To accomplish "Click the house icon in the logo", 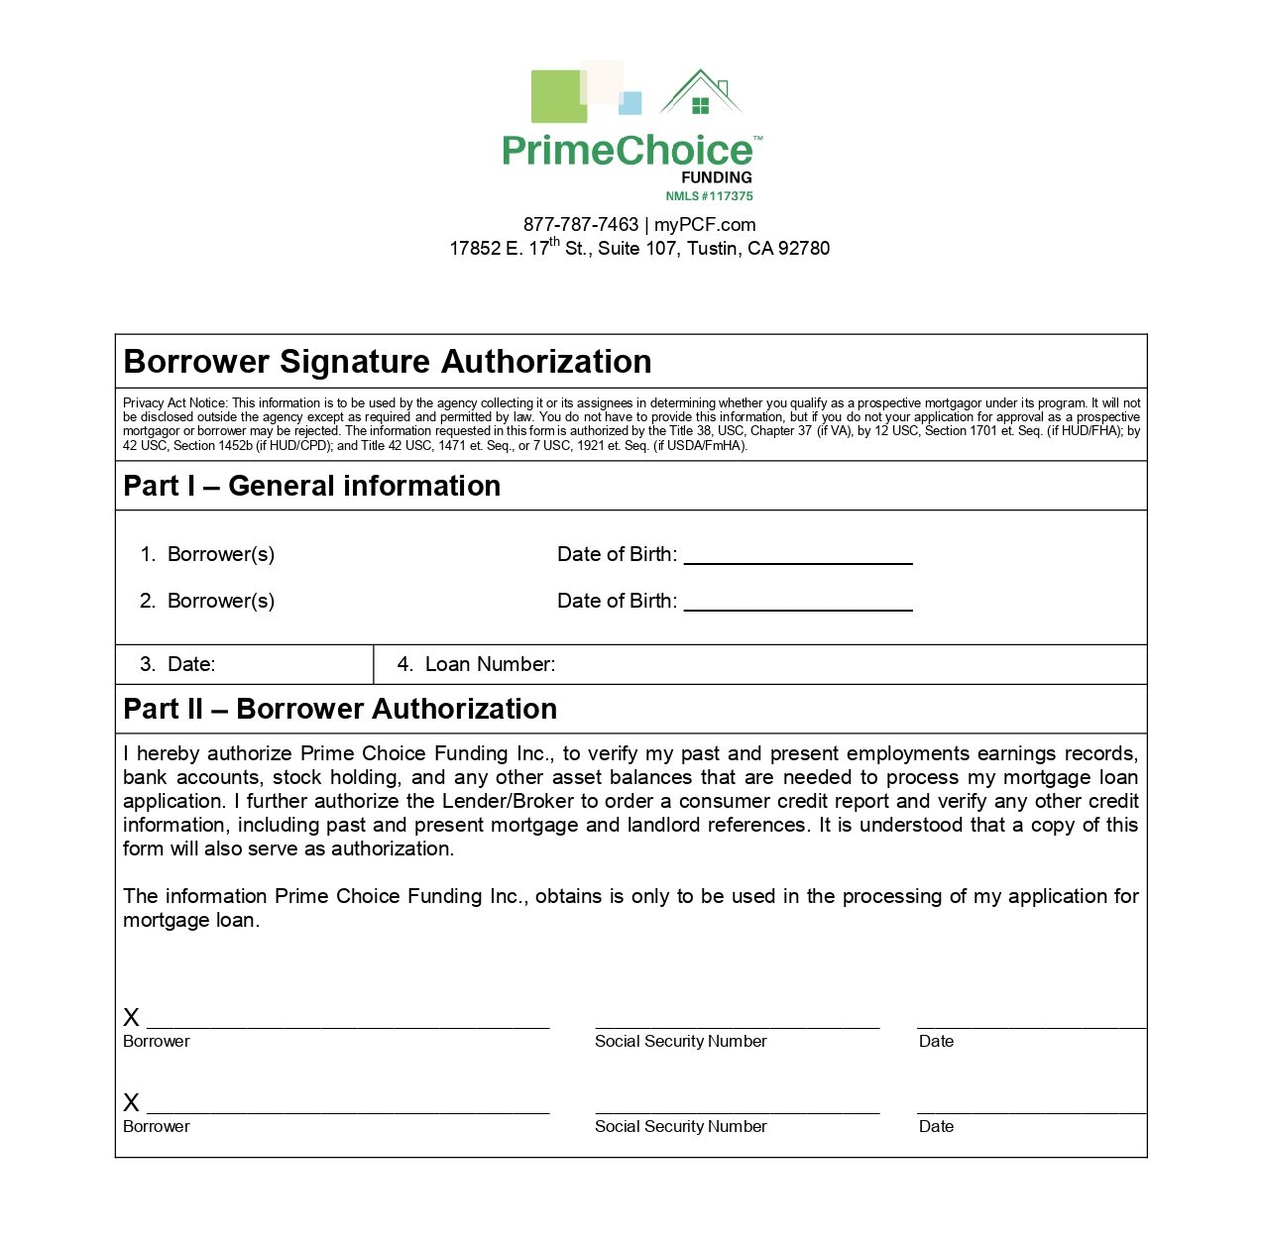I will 701,94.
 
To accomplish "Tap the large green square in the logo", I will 558,96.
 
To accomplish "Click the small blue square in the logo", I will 631,103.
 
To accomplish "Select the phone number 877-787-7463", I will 581,225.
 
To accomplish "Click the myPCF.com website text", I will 705,225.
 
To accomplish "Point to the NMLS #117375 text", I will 709,196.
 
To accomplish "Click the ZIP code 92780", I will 804,249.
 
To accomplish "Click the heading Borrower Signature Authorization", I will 388,362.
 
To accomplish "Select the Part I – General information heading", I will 312,486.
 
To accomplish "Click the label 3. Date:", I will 178,664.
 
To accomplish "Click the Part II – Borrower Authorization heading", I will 340,709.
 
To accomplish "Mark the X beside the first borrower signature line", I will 132,1018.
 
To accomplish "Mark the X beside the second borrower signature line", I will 132,1103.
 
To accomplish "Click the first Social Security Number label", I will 681,1042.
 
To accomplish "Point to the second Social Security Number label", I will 681,1127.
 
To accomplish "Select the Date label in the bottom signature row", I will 936,1127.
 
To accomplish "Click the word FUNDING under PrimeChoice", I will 717,177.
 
